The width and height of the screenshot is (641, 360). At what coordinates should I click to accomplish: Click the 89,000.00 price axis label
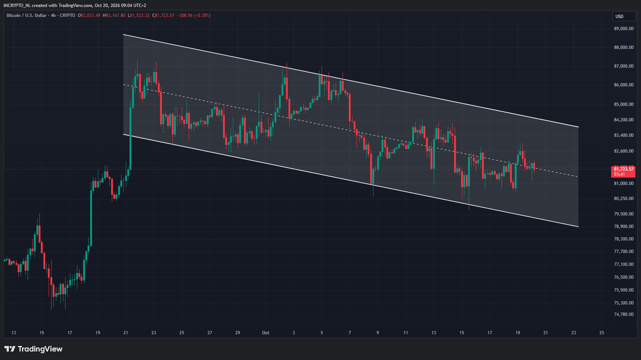(624, 29)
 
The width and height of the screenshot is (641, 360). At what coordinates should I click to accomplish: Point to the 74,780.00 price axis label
(624, 314)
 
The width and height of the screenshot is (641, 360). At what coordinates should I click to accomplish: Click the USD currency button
(624, 16)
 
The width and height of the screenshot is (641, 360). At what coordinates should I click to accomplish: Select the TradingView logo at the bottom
(33, 349)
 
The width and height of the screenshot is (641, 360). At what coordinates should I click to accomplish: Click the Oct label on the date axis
(265, 333)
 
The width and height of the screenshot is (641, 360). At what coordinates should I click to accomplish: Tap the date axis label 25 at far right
(602, 333)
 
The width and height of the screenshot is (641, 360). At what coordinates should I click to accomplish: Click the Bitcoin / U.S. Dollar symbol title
(26, 15)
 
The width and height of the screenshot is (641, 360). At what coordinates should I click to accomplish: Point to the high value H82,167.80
(114, 15)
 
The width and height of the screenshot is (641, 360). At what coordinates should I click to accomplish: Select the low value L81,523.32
(139, 15)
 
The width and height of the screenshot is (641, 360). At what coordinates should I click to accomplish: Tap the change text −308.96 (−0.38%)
(194, 15)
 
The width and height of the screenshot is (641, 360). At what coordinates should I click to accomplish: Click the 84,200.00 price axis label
(624, 120)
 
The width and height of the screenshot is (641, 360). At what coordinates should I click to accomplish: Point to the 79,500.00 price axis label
(624, 214)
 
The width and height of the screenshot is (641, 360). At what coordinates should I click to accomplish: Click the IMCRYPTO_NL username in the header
(17, 6)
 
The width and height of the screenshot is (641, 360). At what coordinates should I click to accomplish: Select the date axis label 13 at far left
(14, 333)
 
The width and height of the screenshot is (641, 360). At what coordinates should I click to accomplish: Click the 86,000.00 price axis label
(624, 85)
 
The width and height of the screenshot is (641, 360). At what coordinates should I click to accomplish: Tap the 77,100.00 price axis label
(624, 264)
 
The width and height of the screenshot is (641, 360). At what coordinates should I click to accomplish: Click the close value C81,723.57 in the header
(163, 15)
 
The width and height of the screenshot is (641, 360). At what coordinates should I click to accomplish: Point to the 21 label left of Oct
(125, 333)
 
